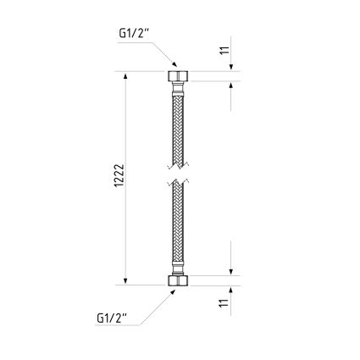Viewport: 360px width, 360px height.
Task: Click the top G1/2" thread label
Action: pyautogui.click(x=133, y=34)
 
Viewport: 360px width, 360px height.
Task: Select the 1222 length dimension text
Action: pyautogui.click(x=119, y=175)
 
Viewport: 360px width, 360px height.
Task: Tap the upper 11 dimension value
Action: pyautogui.click(x=224, y=50)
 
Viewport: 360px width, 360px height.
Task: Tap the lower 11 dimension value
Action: pyautogui.click(x=224, y=303)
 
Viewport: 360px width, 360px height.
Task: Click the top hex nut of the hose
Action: pyautogui.click(x=177, y=76)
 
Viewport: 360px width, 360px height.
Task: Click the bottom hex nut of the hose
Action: pyautogui.click(x=177, y=280)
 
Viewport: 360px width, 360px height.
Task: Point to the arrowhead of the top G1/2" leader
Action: pyautogui.click(x=174, y=64)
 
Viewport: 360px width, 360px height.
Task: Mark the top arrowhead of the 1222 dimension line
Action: pyautogui.click(x=125, y=75)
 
